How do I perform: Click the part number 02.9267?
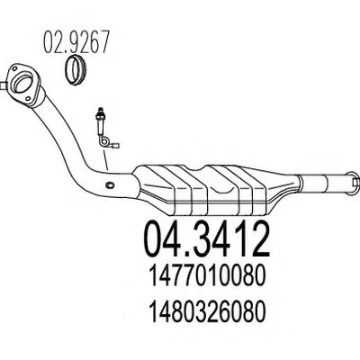tap(76, 42)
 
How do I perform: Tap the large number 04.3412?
tap(208, 239)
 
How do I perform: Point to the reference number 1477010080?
tap(208, 276)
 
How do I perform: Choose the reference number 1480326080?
tap(208, 311)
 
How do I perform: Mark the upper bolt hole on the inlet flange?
tap(14, 68)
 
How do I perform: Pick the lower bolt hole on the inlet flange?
tap(28, 99)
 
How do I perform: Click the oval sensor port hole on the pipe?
tap(110, 184)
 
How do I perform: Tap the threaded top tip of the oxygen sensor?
tap(100, 110)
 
